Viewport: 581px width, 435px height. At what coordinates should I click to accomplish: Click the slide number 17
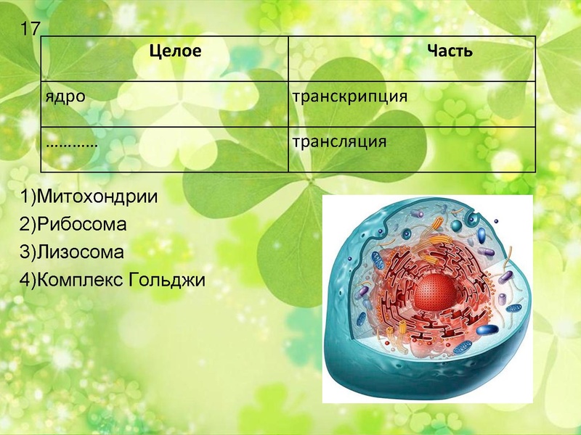30,30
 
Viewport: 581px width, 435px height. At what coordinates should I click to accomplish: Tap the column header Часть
450,51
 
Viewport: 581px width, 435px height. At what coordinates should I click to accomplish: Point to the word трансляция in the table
338,140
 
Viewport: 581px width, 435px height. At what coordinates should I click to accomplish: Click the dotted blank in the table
72,141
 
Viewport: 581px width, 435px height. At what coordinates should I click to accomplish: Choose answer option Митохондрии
96,196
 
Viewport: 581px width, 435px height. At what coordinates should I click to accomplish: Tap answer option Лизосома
80,252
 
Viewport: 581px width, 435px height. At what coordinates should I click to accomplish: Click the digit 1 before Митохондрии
25,196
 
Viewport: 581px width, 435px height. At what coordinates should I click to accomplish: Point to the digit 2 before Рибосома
25,224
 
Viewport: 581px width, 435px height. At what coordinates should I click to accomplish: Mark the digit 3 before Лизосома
25,252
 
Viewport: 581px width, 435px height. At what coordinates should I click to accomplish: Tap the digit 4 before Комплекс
25,279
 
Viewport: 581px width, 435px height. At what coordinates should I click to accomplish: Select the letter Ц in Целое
153,51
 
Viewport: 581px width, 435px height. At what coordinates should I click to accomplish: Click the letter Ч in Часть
431,51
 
